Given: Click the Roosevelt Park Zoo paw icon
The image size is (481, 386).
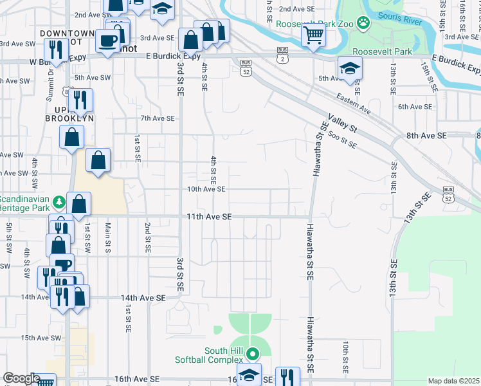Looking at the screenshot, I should point(364,23).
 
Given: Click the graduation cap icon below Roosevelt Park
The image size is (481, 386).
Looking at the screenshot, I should point(350,68).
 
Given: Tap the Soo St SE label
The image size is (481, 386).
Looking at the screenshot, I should point(342,140).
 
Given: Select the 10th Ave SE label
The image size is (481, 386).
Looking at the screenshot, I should point(206,189).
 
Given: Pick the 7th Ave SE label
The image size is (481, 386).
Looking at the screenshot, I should point(158,118).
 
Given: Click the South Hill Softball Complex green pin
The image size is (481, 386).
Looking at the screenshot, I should point(253,353).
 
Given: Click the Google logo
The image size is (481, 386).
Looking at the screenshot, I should point(21,379).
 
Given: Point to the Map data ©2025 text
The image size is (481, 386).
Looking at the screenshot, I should point(453,381).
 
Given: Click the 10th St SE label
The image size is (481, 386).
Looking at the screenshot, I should point(345,357).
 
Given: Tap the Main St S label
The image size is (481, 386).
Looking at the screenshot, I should point(108,238).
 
